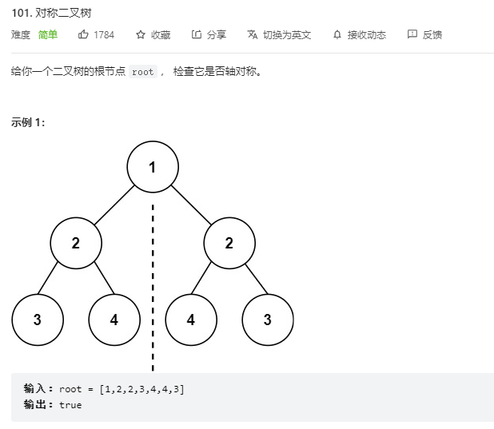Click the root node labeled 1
coord(152,167)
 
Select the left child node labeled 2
coord(76,244)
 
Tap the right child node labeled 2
coord(229,244)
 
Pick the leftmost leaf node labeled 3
coord(38,320)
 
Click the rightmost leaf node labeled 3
coord(267,320)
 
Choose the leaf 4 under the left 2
coord(114,320)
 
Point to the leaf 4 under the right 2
coord(190,320)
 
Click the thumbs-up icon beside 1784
coord(83,34)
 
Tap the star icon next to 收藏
coord(141,34)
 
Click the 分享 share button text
coord(216,35)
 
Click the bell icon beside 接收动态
coord(337,34)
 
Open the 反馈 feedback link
coord(432,35)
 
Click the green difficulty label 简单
coord(48,35)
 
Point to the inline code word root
coord(143,72)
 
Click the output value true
coord(70,405)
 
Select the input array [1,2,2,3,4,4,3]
coord(141,389)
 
